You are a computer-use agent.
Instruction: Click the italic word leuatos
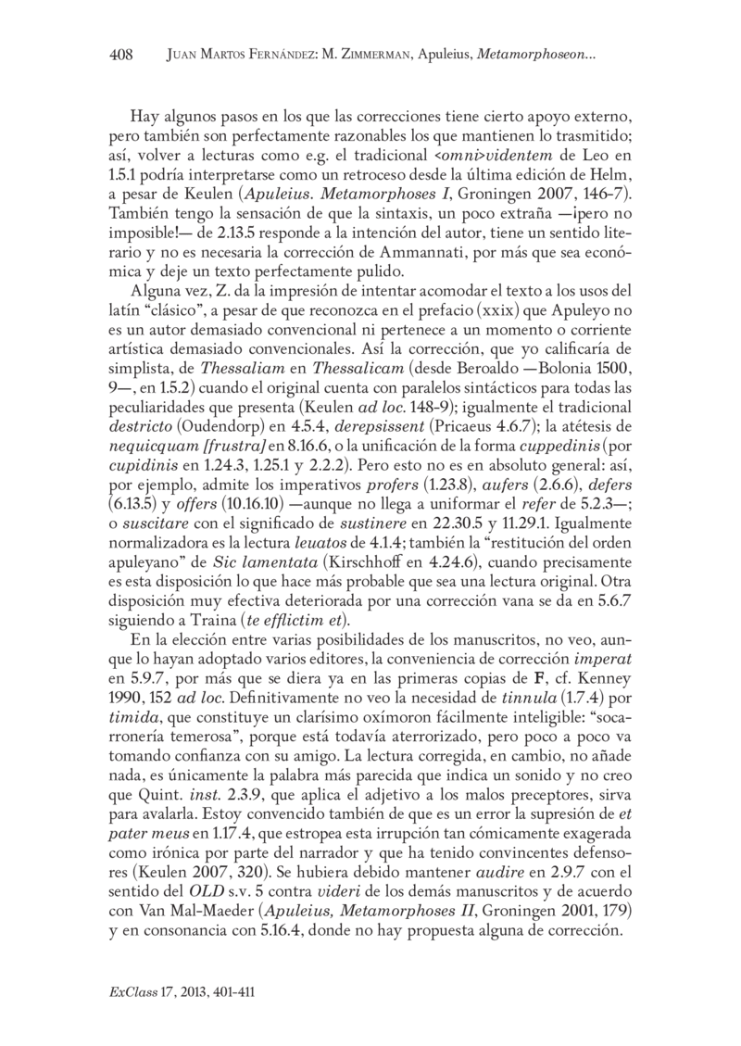(332, 547)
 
